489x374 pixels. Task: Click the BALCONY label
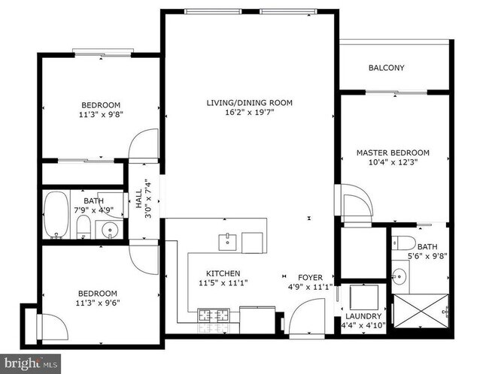click(x=386, y=68)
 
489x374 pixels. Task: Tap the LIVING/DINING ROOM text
click(x=250, y=103)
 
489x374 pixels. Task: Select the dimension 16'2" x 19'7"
click(x=250, y=113)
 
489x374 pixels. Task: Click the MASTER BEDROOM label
click(x=393, y=152)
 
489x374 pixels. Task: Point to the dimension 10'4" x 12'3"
click(x=393, y=161)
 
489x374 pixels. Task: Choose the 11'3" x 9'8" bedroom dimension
click(x=100, y=115)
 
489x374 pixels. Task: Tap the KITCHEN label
click(x=223, y=273)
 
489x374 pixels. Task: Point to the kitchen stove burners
click(x=208, y=315)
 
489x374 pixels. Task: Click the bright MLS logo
click(x=26, y=363)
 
